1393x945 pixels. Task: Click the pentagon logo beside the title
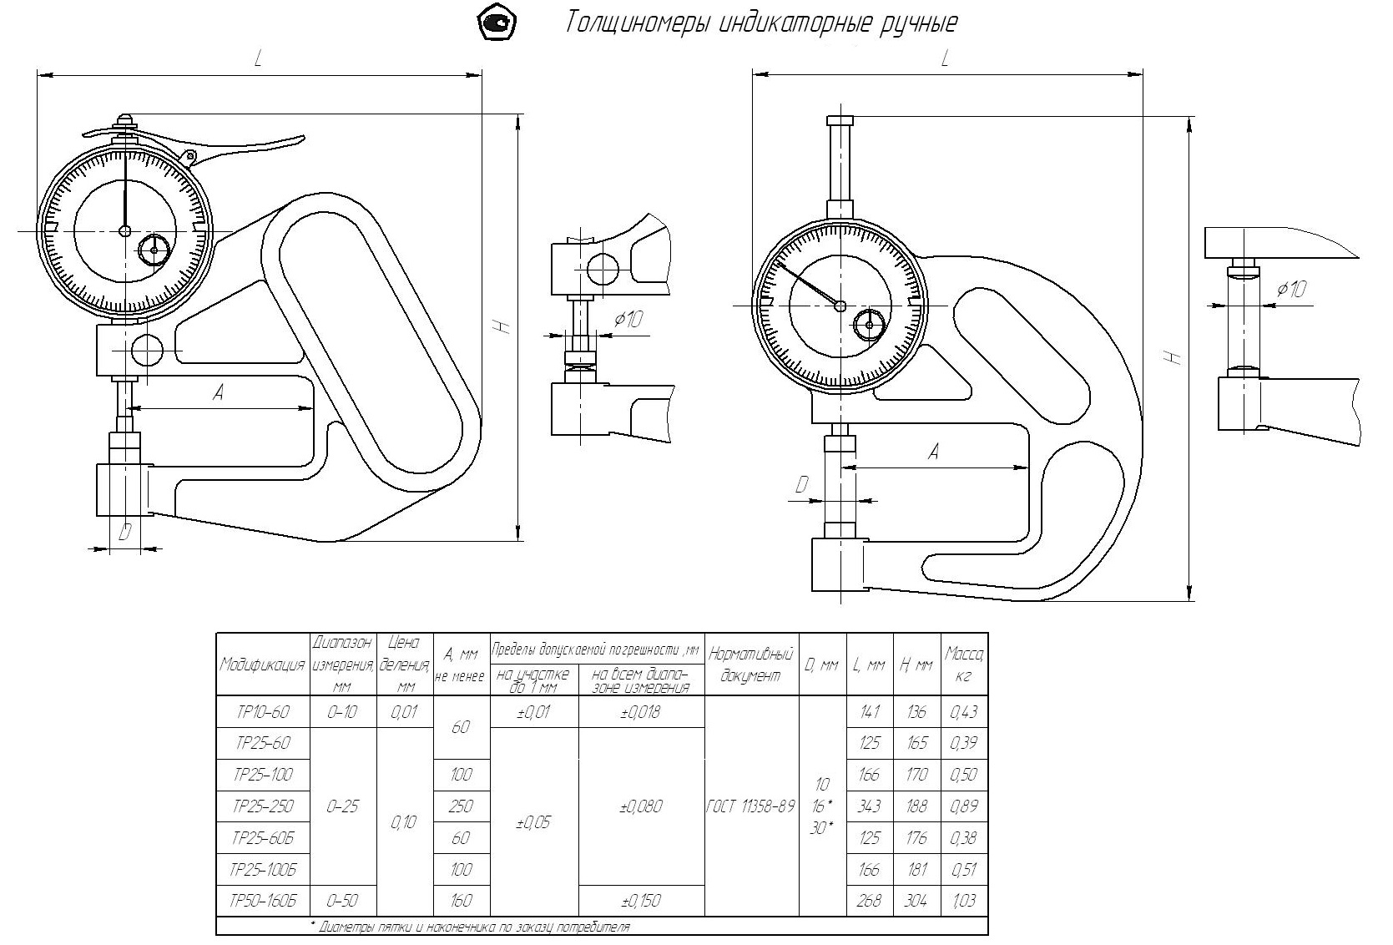pyautogui.click(x=497, y=23)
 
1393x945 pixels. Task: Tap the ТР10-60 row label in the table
pyautogui.click(x=263, y=712)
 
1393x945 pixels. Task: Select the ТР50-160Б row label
pyautogui.click(x=263, y=900)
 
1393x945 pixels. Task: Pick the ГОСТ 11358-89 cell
pyautogui.click(x=750, y=806)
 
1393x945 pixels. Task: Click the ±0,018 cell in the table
pyautogui.click(x=640, y=712)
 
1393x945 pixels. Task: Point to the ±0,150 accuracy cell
pyautogui.click(x=640, y=900)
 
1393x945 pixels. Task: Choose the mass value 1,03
pyautogui.click(x=964, y=900)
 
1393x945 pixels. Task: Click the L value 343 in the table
pyautogui.click(x=870, y=806)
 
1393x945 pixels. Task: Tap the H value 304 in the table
pyautogui.click(x=916, y=900)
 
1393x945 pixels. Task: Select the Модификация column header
pyautogui.click(x=262, y=665)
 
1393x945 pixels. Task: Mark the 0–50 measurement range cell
pyautogui.click(x=343, y=900)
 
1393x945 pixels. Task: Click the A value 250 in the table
pyautogui.click(x=461, y=806)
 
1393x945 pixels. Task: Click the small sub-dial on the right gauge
pyautogui.click(x=870, y=325)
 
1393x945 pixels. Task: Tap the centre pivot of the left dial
pyautogui.click(x=124, y=230)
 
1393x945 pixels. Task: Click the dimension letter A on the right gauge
pyautogui.click(x=933, y=452)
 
